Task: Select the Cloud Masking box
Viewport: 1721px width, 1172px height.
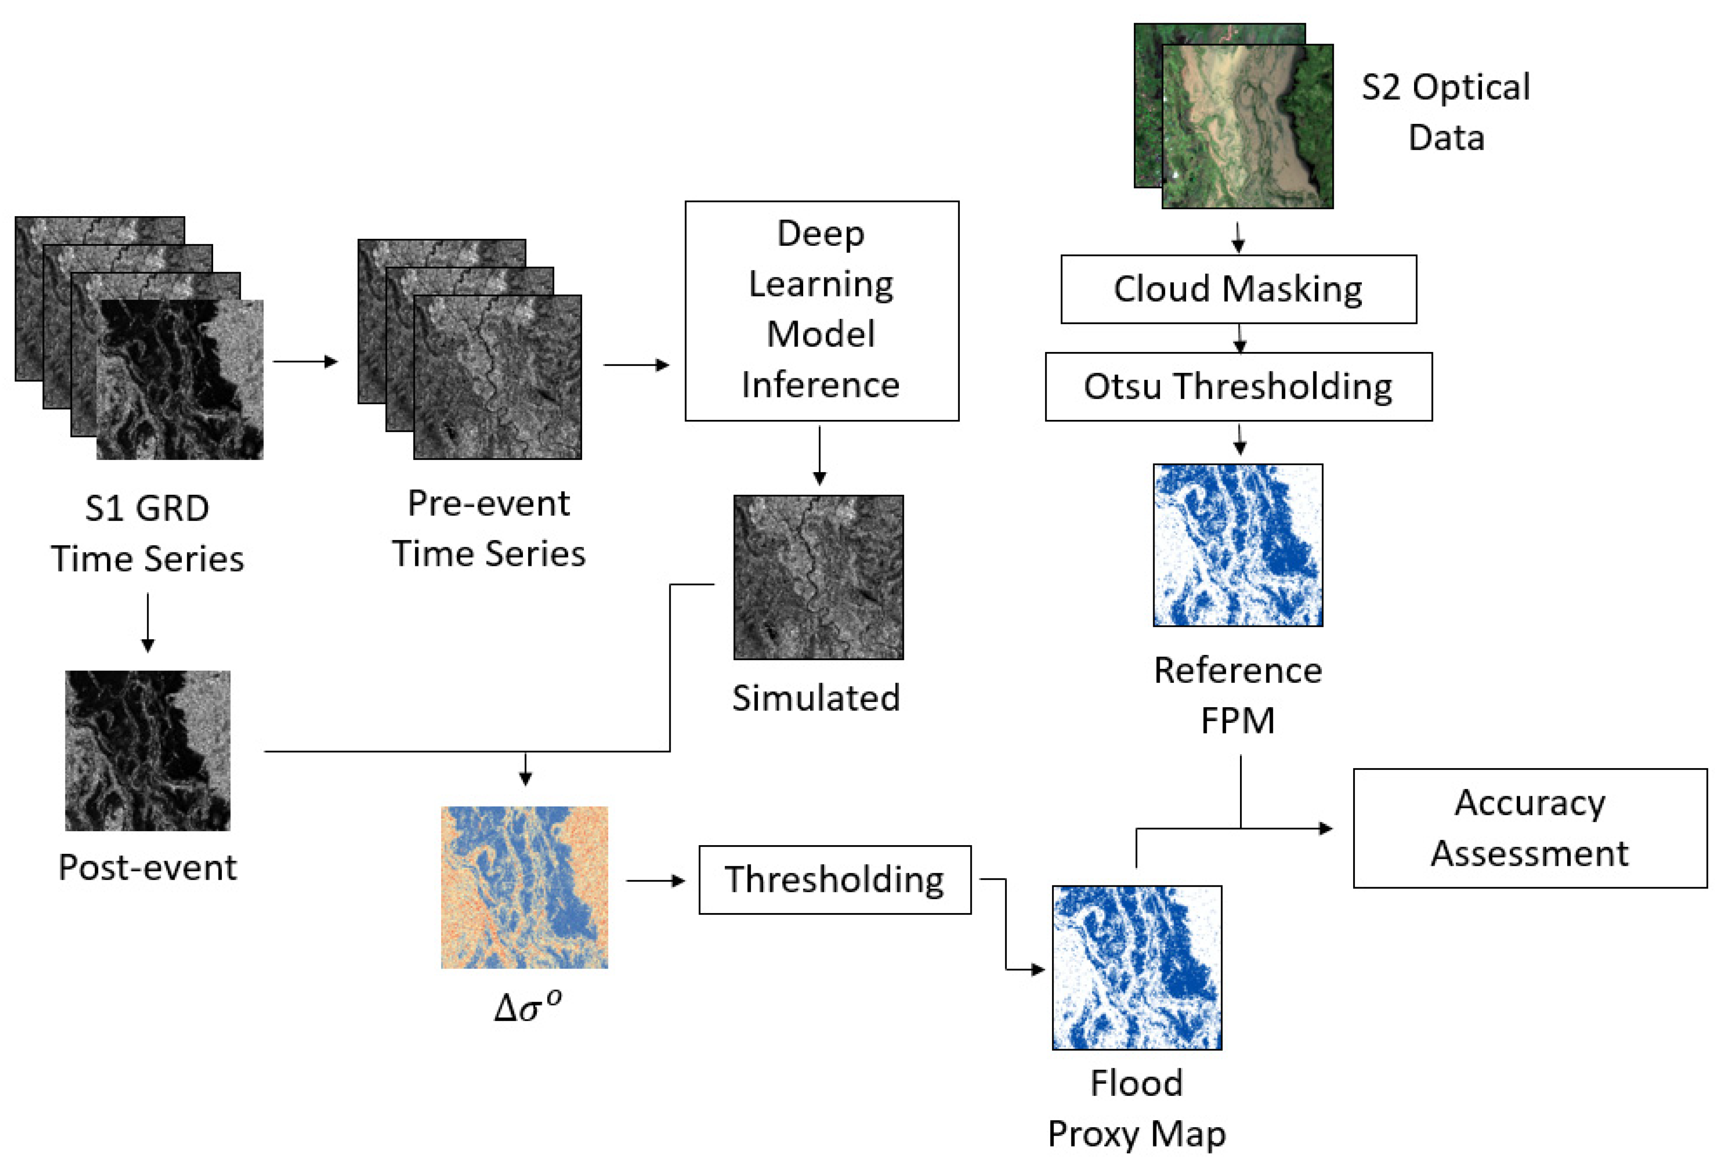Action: pyautogui.click(x=1238, y=289)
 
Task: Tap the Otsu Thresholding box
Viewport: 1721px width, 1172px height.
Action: pyautogui.click(x=1238, y=387)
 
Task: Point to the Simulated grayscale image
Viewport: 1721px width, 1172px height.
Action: pyautogui.click(x=818, y=577)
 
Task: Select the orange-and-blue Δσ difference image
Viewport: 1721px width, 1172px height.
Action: pyautogui.click(x=524, y=887)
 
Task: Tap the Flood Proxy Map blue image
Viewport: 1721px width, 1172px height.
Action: pyautogui.click(x=1137, y=967)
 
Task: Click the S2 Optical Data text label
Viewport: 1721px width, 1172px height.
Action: pyautogui.click(x=1445, y=113)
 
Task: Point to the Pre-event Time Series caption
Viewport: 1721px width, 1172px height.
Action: pyautogui.click(x=489, y=528)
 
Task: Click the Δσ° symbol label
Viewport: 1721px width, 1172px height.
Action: pyautogui.click(x=527, y=1007)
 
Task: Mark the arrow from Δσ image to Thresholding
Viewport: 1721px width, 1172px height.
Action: pyautogui.click(x=655, y=881)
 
